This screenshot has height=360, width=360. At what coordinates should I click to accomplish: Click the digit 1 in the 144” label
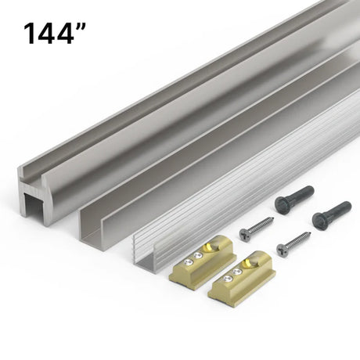(30, 33)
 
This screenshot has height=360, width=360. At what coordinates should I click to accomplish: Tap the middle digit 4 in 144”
(45, 33)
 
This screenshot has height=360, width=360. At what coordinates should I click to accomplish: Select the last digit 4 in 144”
(64, 33)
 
